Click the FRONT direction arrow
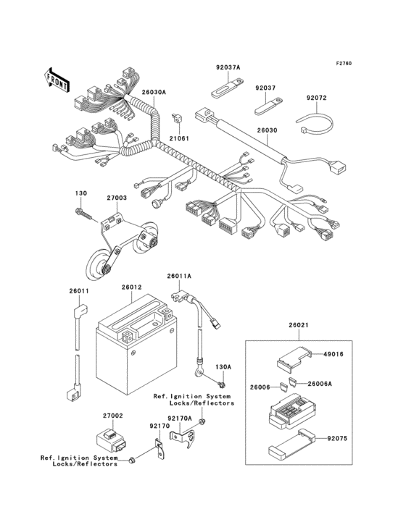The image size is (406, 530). coord(57,78)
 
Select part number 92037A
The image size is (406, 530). coord(228,67)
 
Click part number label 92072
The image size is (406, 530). coord(316,98)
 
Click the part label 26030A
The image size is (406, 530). coord(154,93)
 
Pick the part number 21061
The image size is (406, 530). coord(179,138)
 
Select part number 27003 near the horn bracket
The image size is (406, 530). coord(117,196)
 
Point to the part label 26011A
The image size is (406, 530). coord(179,276)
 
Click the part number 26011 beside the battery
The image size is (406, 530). coord(79,290)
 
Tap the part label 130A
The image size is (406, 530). coord(225,367)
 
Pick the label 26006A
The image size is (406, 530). coord(319,384)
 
